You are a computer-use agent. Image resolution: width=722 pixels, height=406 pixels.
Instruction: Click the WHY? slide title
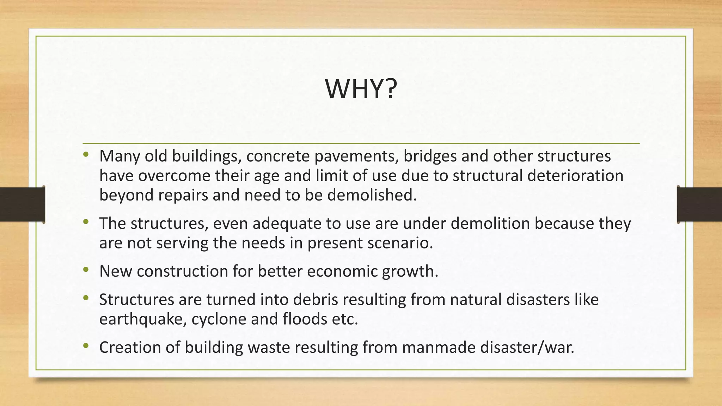point(361,89)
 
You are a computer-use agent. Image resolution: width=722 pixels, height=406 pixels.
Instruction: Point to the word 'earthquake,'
point(143,319)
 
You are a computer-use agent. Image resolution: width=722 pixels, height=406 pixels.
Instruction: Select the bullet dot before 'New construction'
point(86,270)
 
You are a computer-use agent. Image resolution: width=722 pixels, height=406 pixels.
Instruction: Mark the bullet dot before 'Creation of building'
point(86,346)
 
